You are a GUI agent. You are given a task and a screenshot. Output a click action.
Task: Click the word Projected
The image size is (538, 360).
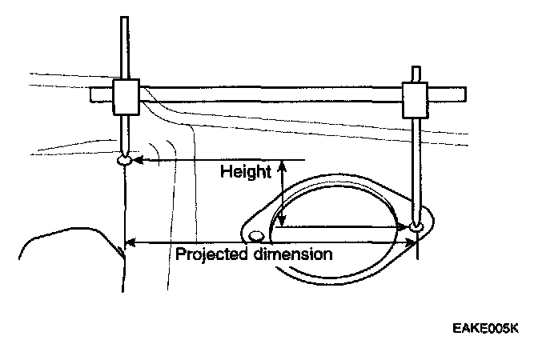click(211, 255)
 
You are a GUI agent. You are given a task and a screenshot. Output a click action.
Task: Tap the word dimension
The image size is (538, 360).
click(289, 255)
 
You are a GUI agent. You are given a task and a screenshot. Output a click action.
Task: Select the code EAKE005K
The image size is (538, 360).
click(484, 328)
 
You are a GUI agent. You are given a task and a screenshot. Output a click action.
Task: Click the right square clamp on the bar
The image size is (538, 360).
click(415, 98)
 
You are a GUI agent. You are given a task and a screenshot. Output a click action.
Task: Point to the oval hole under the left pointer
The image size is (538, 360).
click(125, 161)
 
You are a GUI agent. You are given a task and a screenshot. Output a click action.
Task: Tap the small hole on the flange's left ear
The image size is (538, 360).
click(256, 236)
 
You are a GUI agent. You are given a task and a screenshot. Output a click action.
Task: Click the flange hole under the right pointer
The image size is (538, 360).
click(417, 228)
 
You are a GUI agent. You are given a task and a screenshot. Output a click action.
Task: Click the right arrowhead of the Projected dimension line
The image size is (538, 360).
click(410, 241)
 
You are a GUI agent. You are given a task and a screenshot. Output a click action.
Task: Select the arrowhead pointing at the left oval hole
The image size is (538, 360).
click(137, 160)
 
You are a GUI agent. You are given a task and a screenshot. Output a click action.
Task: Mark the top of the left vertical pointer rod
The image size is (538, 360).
click(124, 18)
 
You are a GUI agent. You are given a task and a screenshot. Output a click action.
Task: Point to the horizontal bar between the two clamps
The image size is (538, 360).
click(272, 94)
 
